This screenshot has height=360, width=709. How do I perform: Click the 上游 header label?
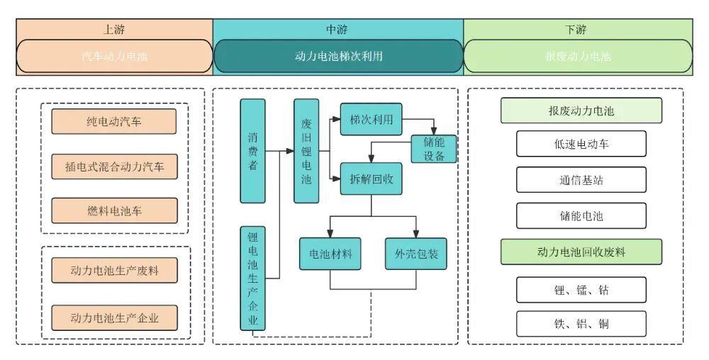click(x=113, y=30)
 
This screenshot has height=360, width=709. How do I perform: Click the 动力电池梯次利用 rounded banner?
click(x=338, y=56)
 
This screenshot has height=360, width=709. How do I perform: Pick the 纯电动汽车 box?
click(x=113, y=121)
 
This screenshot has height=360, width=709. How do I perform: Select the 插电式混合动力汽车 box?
click(x=113, y=167)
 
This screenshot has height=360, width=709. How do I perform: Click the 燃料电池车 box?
click(x=113, y=210)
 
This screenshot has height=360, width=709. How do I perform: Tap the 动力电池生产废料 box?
click(x=113, y=271)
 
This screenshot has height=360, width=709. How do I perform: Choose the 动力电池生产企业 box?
click(x=113, y=317)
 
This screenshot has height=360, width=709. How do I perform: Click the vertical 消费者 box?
click(x=252, y=151)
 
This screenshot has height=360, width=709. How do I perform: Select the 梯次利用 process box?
click(x=371, y=119)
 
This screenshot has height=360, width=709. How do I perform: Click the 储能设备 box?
click(x=434, y=149)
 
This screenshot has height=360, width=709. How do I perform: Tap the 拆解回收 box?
click(x=371, y=179)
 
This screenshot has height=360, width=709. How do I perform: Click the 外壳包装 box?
click(x=416, y=254)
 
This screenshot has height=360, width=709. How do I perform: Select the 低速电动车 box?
click(x=581, y=144)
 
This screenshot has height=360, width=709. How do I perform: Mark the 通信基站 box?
click(x=581, y=180)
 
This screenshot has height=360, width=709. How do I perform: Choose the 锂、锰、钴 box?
click(x=581, y=289)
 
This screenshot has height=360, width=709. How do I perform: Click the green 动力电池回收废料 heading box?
click(x=581, y=252)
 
